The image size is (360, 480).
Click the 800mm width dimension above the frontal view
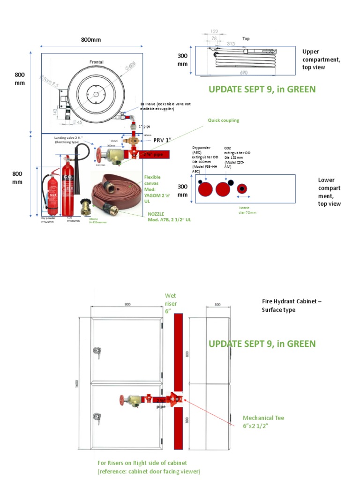click(90, 40)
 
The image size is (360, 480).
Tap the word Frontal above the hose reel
click(97, 62)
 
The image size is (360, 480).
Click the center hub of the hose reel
click(96, 93)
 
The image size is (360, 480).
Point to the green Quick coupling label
click(223, 120)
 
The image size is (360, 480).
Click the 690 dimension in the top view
click(243, 73)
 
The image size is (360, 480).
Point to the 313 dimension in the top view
click(231, 44)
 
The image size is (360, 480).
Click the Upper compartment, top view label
click(321, 60)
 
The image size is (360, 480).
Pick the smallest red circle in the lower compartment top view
click(241, 188)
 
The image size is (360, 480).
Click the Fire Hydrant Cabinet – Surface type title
click(292, 306)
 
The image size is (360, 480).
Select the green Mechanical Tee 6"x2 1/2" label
click(263, 421)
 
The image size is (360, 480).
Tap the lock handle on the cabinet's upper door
click(97, 351)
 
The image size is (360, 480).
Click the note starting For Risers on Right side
click(149, 467)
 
